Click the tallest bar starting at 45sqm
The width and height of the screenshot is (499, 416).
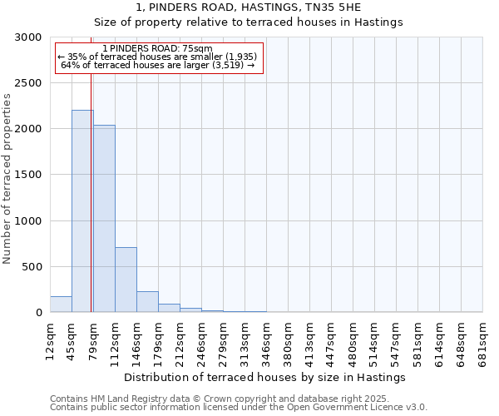tap(82, 211)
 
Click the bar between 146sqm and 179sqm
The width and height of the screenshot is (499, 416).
tap(147, 302)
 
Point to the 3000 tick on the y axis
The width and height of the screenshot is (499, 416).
tap(30, 37)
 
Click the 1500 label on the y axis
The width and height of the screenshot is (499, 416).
tap(30, 176)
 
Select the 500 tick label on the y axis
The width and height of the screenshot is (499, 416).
tap(33, 267)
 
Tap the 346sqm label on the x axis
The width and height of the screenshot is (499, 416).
tap(266, 339)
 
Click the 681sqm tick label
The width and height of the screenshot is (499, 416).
tap(482, 339)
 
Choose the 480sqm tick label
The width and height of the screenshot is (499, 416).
tap(353, 339)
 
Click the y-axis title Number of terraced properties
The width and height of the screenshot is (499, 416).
tap(7, 179)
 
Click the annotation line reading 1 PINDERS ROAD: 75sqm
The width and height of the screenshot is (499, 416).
tap(157, 48)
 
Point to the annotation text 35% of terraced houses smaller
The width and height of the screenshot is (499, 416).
tap(157, 57)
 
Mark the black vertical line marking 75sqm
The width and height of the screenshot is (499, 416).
tap(91, 208)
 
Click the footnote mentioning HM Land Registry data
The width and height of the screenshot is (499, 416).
tap(238, 399)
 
